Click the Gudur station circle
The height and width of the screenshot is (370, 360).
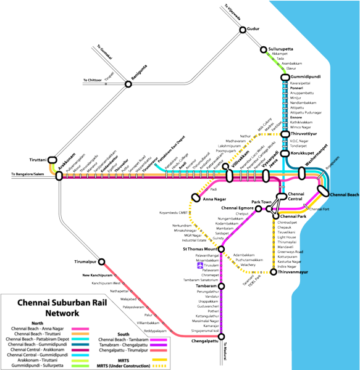click(243, 29)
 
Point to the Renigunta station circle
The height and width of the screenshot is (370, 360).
click(128, 84)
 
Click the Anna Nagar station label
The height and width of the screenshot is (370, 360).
click(214, 199)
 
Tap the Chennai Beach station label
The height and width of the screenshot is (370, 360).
click(344, 195)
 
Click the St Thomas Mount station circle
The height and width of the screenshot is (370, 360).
click(221, 249)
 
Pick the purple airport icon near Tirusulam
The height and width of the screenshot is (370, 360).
click(199, 266)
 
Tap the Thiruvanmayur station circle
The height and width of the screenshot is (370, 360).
click(273, 271)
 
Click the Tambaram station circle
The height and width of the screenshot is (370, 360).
click(221, 286)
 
